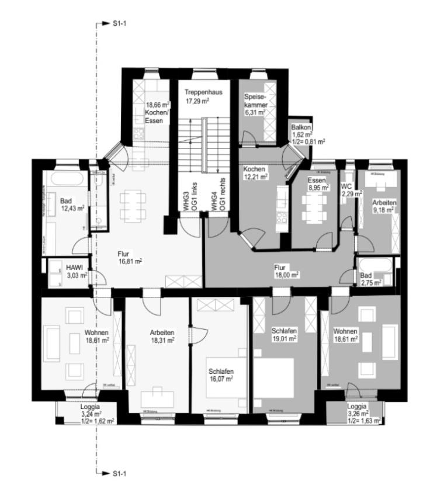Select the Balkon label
pos(301,127)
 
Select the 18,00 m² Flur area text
pos(287,274)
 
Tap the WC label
pos(347,186)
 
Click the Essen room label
pos(317,181)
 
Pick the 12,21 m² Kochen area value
pos(256,176)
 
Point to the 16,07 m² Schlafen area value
pos(221,379)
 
